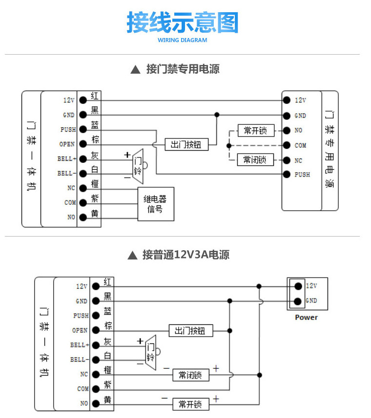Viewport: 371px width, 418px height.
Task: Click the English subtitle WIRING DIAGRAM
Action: click(183, 40)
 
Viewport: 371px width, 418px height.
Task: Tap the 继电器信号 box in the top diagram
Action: click(156, 204)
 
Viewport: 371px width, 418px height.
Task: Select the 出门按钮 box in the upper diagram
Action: click(186, 144)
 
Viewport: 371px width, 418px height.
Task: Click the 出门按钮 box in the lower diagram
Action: click(191, 331)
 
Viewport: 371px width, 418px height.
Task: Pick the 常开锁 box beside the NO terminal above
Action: click(256, 130)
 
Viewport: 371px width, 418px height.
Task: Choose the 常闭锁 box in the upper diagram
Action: click(255, 159)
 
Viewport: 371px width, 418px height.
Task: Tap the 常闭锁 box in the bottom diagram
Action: click(191, 375)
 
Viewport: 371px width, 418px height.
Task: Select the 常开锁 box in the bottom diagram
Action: click(191, 404)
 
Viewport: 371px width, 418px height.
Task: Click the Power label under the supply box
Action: click(307, 317)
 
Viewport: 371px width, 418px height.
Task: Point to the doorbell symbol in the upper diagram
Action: click(140, 166)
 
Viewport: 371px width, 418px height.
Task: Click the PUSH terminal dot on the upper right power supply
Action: click(287, 174)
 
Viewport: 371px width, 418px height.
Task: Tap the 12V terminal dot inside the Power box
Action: click(298, 286)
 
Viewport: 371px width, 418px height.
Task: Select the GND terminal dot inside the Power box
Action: click(298, 301)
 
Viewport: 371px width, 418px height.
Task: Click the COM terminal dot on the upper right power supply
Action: click(287, 145)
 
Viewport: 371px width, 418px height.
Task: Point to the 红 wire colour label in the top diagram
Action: click(95, 96)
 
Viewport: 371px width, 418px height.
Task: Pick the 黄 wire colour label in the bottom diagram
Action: click(107, 399)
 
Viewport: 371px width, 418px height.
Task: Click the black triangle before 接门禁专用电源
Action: click(136, 70)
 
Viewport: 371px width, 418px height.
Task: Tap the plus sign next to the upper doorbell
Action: click(127, 155)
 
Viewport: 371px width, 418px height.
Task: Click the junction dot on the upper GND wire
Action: click(217, 115)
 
